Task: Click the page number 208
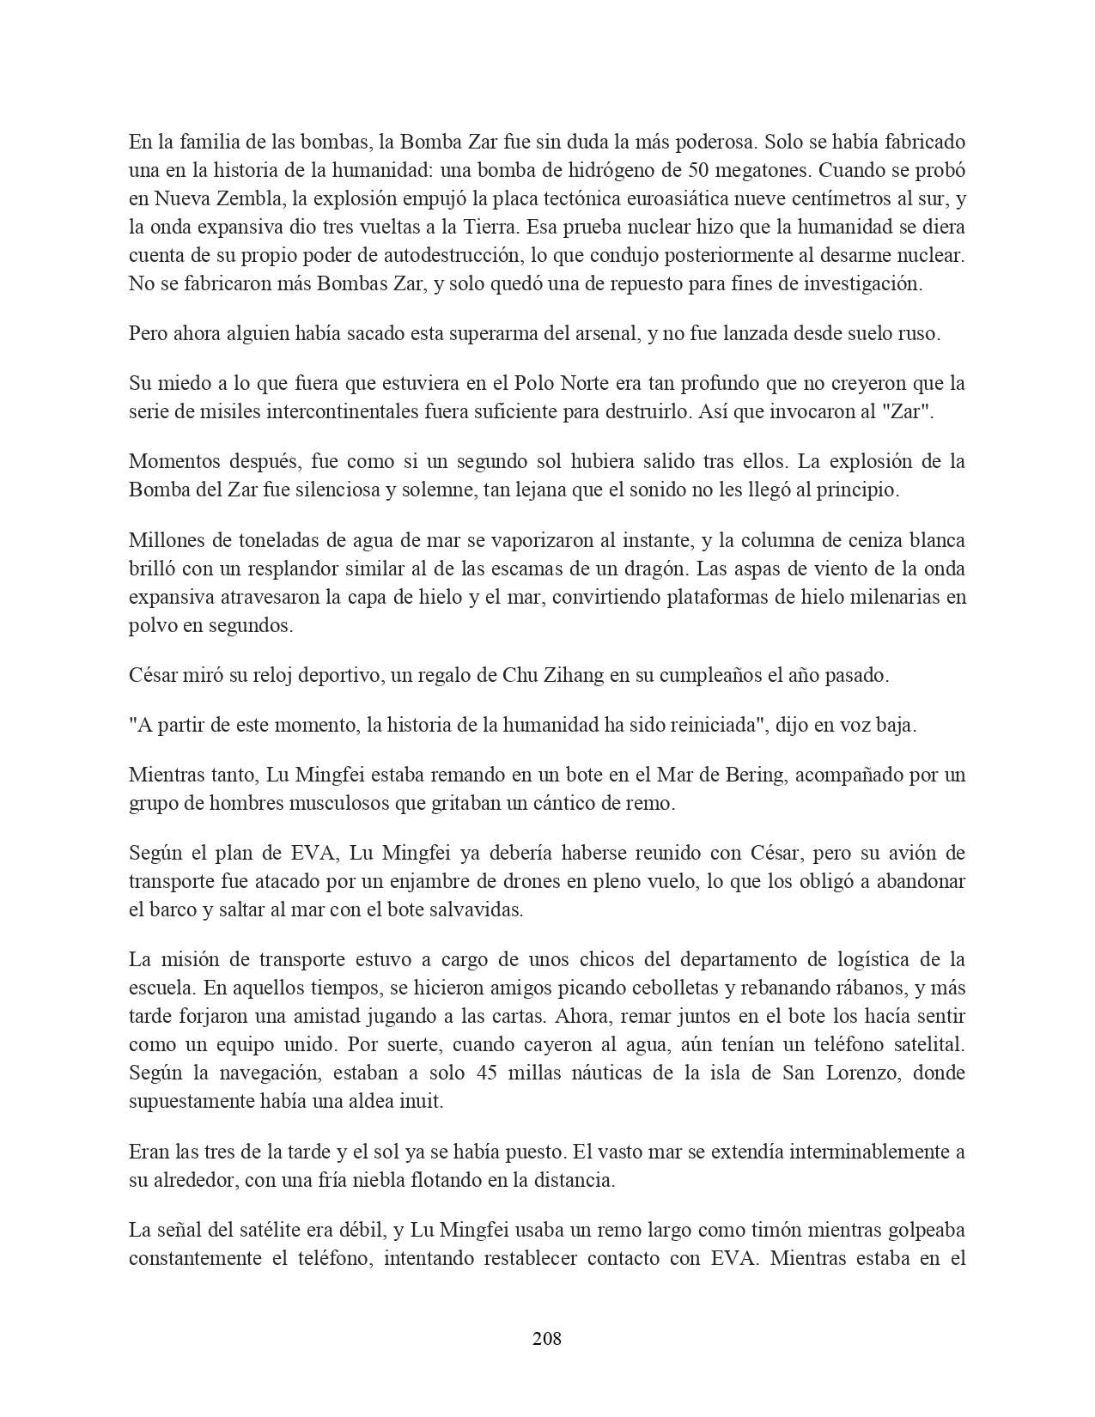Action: [547, 1338]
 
